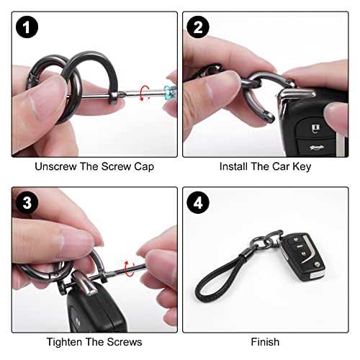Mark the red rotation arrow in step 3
(x=130, y=269)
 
